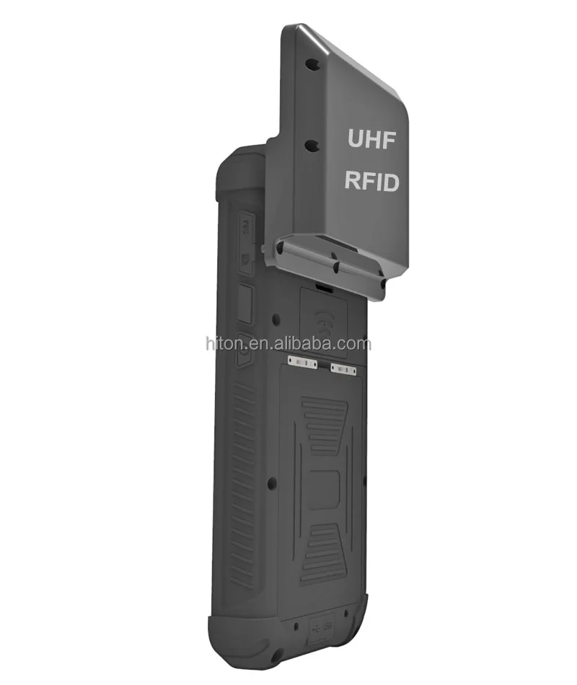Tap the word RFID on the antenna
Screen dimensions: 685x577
pyautogui.click(x=371, y=181)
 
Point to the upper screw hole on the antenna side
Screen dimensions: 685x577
pyautogui.click(x=311, y=64)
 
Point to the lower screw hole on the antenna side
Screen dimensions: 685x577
pyautogui.click(x=311, y=146)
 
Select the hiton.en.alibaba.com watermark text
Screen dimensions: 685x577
pyautogui.click(x=288, y=344)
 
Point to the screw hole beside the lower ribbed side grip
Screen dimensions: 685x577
pyautogui.click(x=271, y=483)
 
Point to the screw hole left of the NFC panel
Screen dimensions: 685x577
pyautogui.click(x=276, y=318)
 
